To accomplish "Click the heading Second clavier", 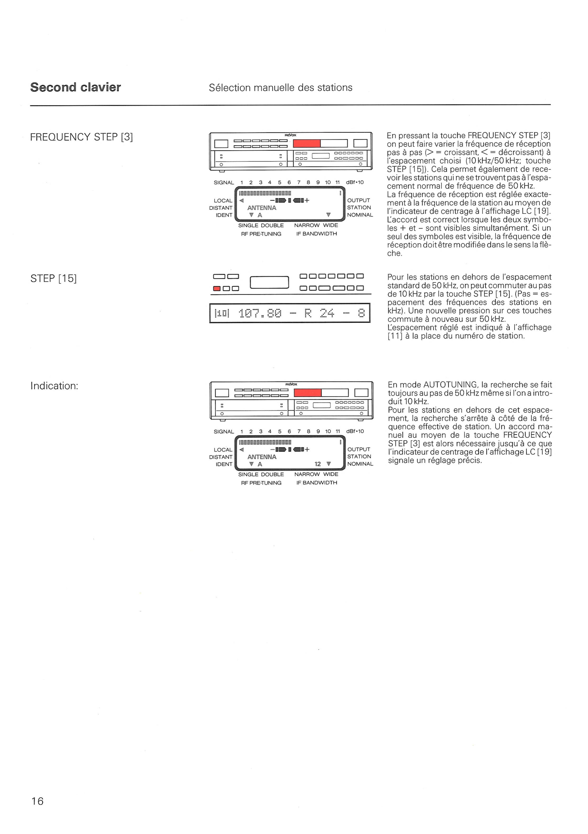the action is (76, 87).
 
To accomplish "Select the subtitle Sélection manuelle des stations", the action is (281, 87).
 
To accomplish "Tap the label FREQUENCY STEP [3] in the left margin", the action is (81, 137).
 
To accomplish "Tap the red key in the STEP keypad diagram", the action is (217, 288).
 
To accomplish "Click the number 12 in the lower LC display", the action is (318, 464).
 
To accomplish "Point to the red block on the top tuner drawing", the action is (307, 144).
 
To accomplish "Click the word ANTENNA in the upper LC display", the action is (262, 208).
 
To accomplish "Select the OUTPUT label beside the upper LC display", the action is (358, 200).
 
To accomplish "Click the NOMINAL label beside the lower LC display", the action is (360, 464).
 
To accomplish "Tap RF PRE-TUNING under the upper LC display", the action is (261, 234).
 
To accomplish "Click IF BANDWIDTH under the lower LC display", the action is (317, 483).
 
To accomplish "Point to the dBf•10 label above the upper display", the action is (355, 182).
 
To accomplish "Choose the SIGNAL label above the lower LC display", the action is (224, 431).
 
